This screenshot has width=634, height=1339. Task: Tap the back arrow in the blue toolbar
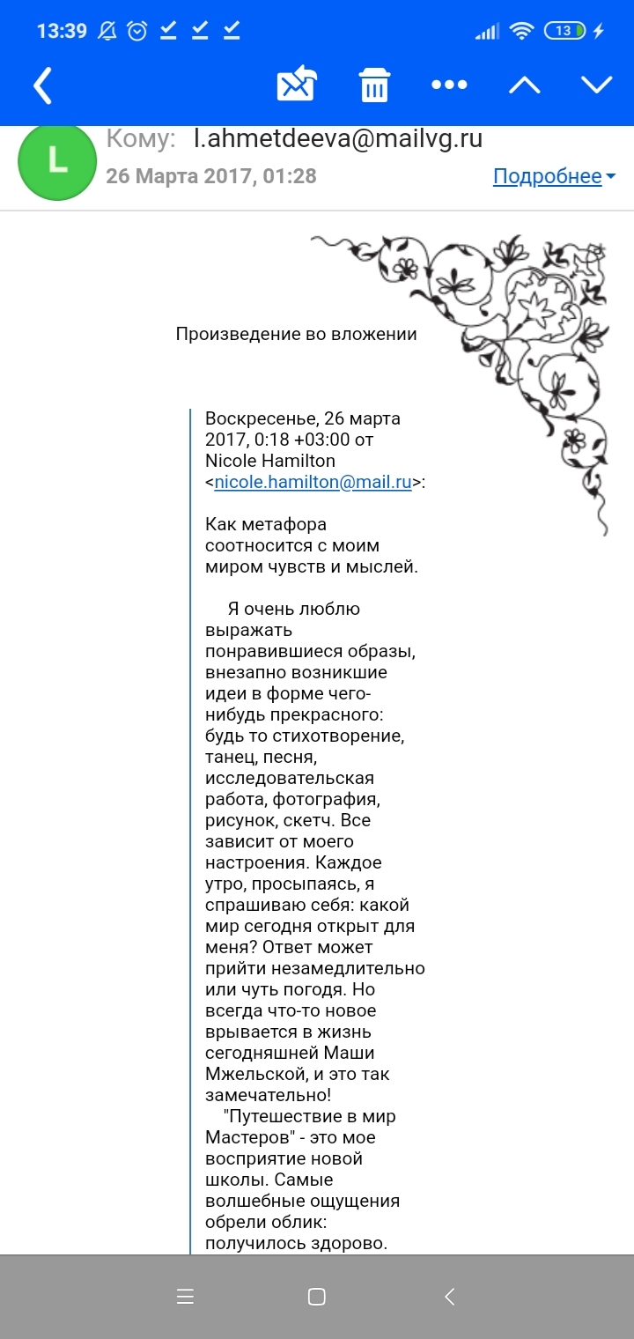[x=42, y=85]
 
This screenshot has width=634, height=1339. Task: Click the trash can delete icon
[x=374, y=85]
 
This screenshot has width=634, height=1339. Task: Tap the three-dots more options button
[x=449, y=85]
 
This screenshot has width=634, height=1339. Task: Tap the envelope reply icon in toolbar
[x=297, y=85]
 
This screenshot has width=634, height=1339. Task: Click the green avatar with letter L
[x=57, y=161]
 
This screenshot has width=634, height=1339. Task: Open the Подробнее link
[x=548, y=176]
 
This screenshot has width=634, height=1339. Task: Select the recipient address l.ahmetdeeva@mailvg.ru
[x=338, y=138]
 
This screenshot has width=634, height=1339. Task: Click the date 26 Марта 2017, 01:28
[x=211, y=176]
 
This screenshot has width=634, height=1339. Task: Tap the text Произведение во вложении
[x=296, y=334]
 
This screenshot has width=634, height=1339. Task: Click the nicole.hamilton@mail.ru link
[x=313, y=482]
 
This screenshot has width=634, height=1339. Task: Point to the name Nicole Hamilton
[x=269, y=461]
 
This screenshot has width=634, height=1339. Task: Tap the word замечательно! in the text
[x=268, y=1095]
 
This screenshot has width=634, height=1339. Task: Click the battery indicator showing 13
[x=566, y=32]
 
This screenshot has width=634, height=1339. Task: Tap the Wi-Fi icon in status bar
[x=522, y=32]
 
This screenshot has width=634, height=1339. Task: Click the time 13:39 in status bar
[x=62, y=32]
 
